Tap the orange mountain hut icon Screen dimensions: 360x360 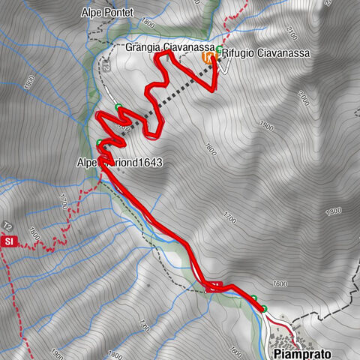[x=207, y=57]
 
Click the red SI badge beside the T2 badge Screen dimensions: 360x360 [x=9, y=241]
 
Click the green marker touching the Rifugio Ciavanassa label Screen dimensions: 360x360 [x=218, y=50]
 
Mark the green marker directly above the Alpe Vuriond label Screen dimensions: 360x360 [x=100, y=143]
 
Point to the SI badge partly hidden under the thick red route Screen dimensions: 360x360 [x=214, y=286]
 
